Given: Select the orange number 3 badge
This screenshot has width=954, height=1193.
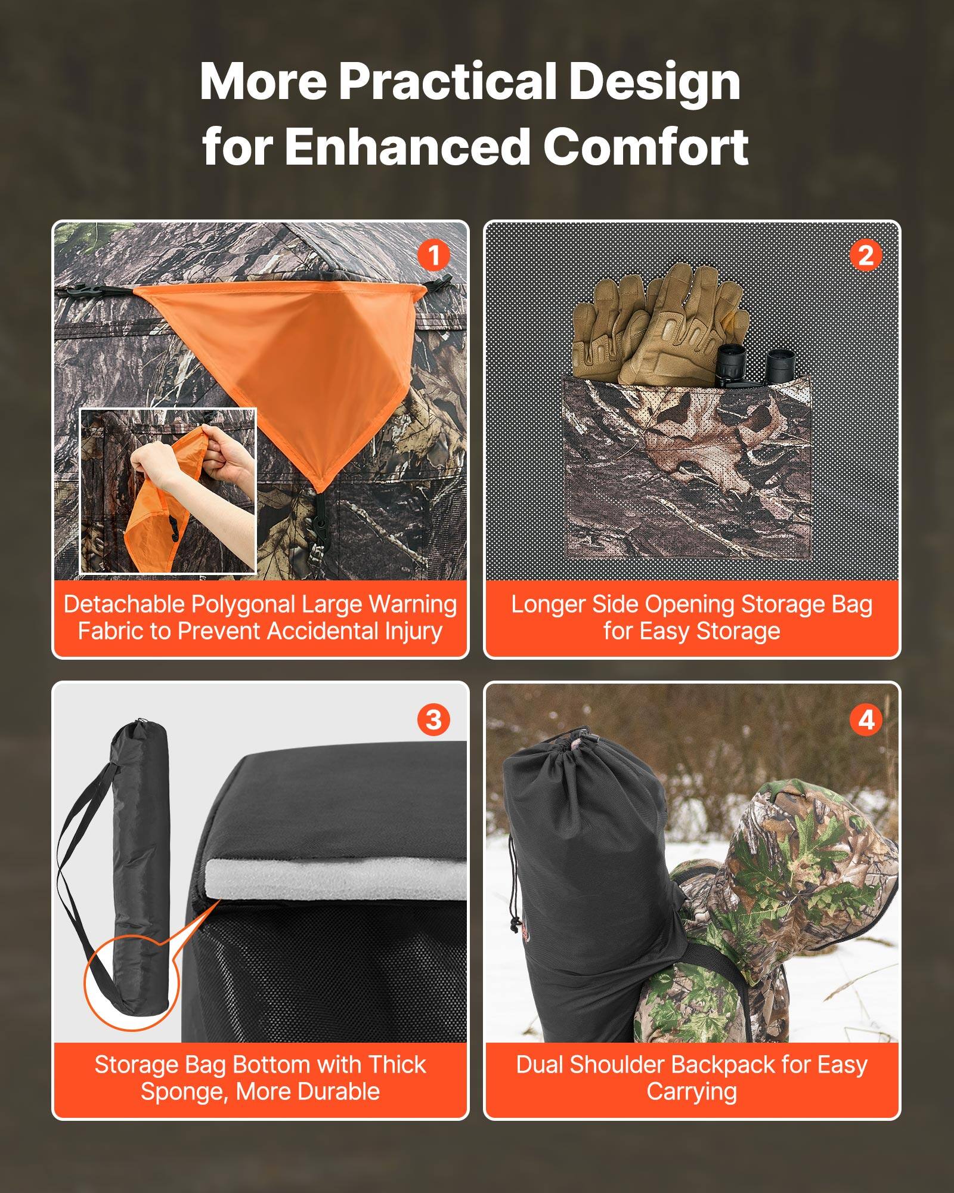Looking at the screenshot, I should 433,719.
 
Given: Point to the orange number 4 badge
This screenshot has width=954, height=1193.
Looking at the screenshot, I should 865,719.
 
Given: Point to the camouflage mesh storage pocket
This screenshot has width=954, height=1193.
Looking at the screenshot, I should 686,465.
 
